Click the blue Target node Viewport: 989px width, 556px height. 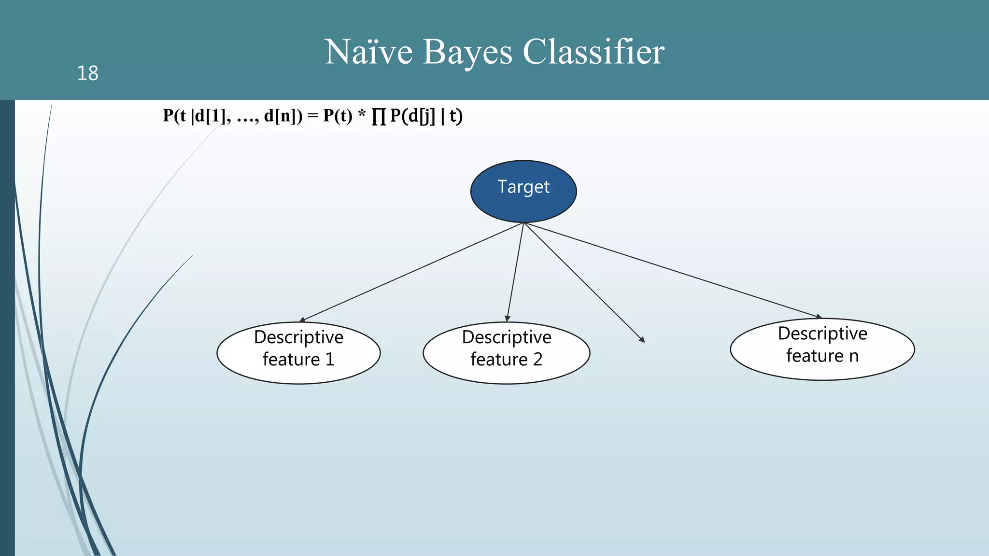tap(523, 192)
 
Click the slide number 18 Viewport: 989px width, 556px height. tap(87, 73)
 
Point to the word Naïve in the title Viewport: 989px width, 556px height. tap(368, 52)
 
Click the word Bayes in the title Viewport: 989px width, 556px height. tap(467, 52)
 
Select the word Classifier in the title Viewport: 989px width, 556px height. tap(593, 52)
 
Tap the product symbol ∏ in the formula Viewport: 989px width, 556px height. tap(379, 116)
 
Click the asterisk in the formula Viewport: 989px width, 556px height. tap(362, 116)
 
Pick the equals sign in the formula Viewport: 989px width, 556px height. tap(312, 116)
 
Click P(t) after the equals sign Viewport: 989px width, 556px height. tap(338, 116)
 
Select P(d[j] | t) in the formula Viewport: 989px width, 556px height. tap(426, 116)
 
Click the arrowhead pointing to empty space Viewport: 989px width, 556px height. tap(642, 340)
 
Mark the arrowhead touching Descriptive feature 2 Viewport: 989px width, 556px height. tap(507, 319)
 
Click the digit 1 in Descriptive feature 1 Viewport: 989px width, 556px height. tap(330, 360)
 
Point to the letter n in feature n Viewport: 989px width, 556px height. tap(854, 356)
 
